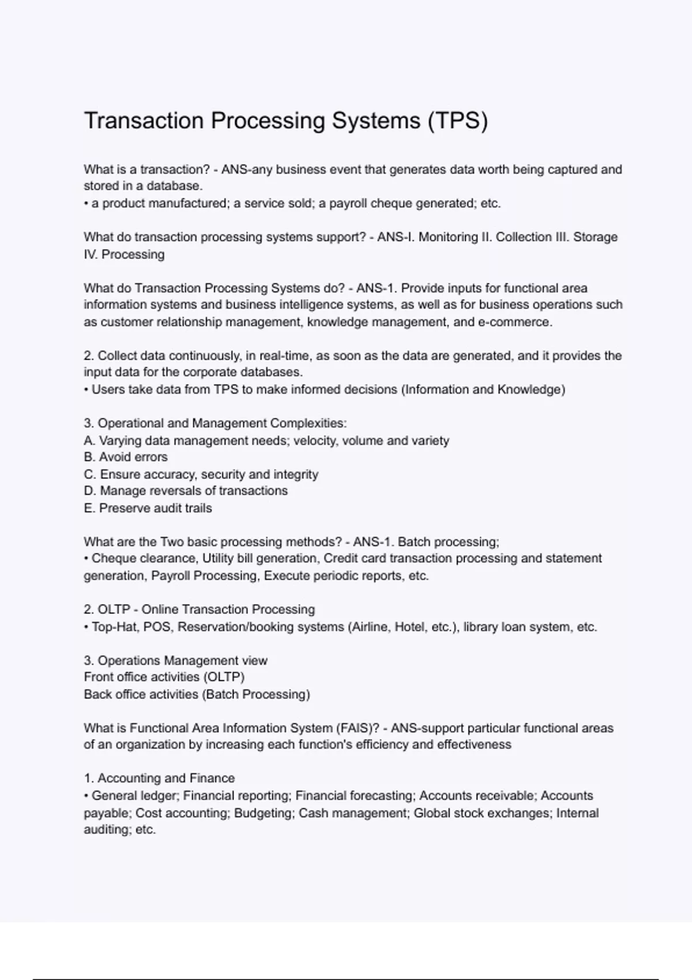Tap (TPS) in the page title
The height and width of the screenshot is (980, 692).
point(458,121)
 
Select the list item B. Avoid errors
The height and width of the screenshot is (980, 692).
point(126,457)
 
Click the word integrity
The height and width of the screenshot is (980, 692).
point(296,474)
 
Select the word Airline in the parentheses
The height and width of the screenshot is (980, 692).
point(369,627)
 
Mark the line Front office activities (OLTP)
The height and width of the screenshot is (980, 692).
point(164,677)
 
